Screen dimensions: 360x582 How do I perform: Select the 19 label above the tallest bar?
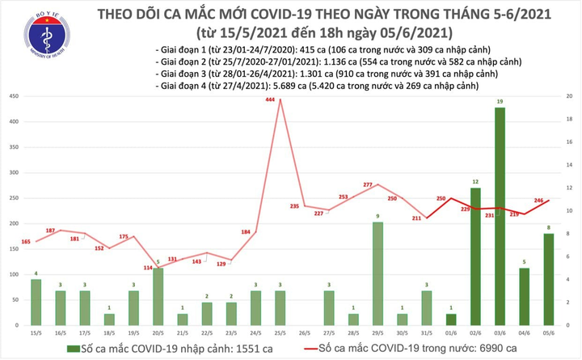501,101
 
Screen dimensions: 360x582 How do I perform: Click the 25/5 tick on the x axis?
280,332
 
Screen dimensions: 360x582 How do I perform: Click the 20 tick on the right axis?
571,97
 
